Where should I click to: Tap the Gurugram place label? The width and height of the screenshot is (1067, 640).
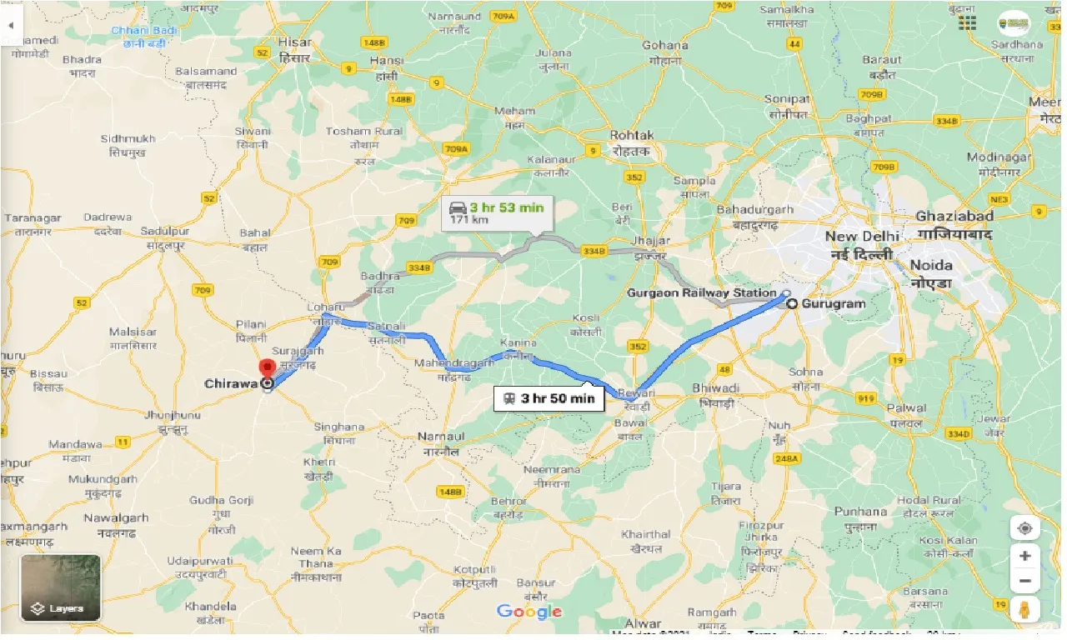coord(833,304)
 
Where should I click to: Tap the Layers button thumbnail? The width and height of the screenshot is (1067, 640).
coord(60,588)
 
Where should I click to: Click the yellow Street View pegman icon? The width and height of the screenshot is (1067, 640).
coord(1024,607)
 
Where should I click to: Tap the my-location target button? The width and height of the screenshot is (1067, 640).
coord(1024,529)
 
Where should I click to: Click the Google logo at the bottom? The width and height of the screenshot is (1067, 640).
coord(529,612)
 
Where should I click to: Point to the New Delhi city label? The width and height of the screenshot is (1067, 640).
coord(859,237)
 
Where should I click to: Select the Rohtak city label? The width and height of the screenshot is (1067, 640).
coord(632,135)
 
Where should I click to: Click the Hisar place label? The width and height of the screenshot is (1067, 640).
coord(294,42)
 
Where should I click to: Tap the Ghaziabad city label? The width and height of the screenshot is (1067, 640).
coord(954,216)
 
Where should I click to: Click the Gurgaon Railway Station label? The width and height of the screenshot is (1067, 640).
coord(701,292)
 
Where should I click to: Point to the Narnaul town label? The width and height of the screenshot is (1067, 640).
coord(441,437)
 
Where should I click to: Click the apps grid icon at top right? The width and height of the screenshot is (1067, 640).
coord(967,23)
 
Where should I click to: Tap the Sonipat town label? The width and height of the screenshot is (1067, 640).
coord(787,99)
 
